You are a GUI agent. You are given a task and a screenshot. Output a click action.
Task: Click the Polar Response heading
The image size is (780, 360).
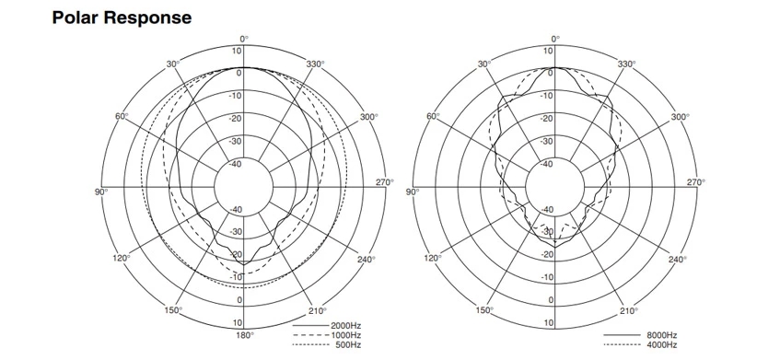pyautogui.click(x=122, y=17)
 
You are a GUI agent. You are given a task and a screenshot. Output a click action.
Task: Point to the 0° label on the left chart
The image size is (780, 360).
pyautogui.click(x=244, y=39)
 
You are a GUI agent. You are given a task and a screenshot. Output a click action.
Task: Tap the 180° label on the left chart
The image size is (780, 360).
pyautogui.click(x=244, y=335)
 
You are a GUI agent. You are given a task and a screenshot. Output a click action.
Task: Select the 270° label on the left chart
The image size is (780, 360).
pyautogui.click(x=384, y=182)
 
